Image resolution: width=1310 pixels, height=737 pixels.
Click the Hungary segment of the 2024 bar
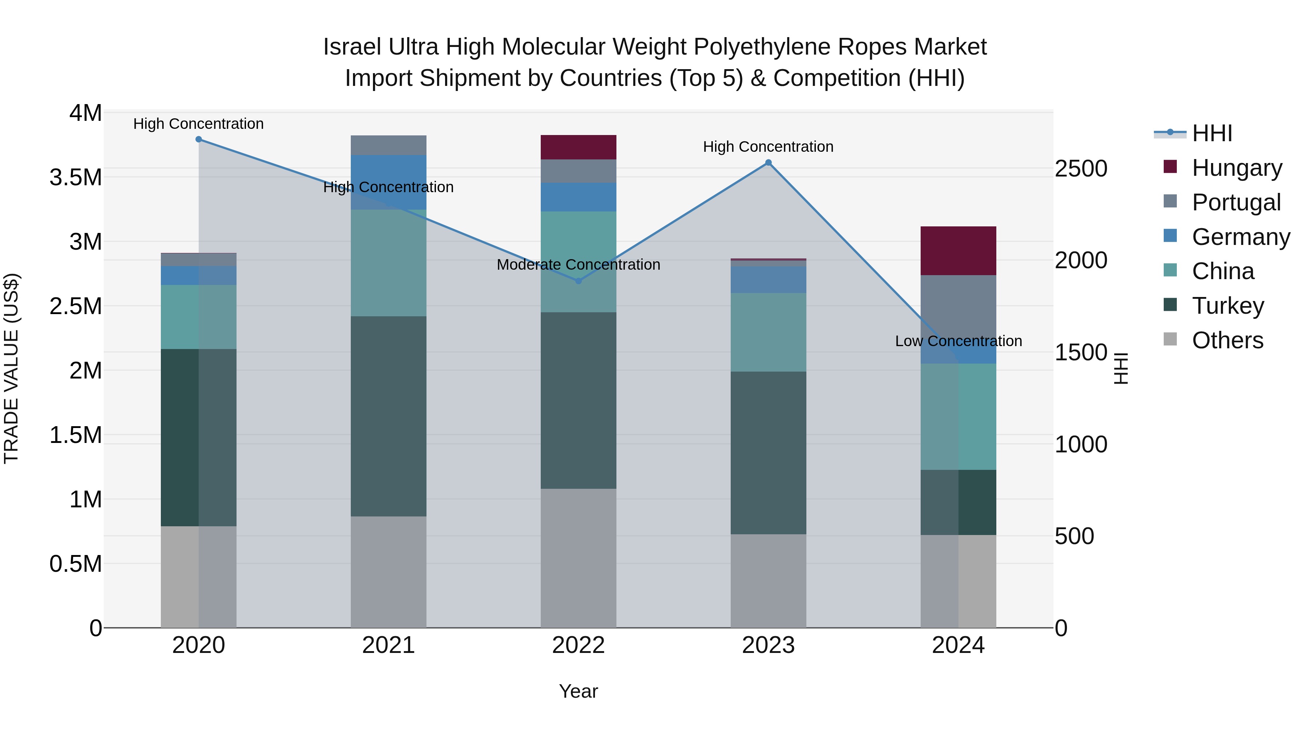(958, 251)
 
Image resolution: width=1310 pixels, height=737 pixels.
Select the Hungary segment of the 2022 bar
(578, 147)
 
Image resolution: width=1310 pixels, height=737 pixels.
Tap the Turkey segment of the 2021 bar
(389, 416)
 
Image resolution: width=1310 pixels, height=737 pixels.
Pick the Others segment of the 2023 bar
(769, 581)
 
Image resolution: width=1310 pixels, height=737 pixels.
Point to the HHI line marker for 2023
(769, 163)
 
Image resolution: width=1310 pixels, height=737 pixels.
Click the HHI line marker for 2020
(199, 139)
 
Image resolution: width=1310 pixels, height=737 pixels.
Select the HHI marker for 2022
(578, 281)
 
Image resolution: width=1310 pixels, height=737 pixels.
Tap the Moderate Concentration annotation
(578, 265)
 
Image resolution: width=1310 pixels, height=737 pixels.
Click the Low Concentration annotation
(958, 341)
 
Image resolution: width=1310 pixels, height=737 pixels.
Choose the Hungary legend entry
(1237, 168)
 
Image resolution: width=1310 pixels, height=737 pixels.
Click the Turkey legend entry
(1228, 306)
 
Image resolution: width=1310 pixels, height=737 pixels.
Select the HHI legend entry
(1212, 133)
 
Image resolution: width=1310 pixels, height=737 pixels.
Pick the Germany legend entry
(1241, 237)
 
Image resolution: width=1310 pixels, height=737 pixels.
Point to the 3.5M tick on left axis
(75, 178)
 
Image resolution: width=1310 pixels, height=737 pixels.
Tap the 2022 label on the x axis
(578, 645)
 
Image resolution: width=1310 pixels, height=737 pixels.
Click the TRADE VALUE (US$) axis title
(11, 368)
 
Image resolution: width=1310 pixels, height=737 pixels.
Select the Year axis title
(578, 691)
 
